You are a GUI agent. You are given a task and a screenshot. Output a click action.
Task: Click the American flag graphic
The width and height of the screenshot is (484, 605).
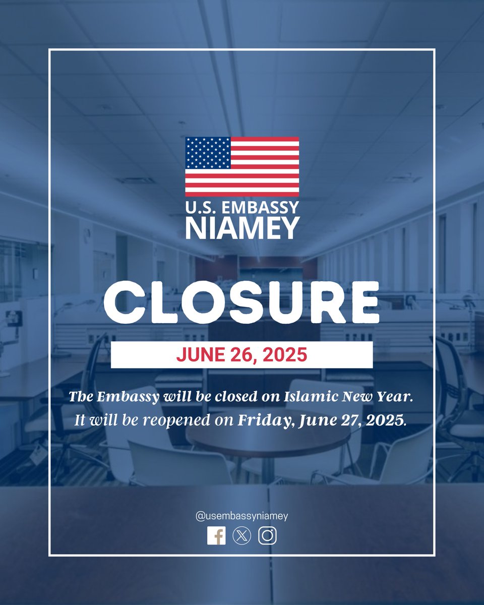(x=242, y=166)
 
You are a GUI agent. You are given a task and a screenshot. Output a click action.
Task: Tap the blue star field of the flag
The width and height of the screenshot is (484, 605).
(x=208, y=153)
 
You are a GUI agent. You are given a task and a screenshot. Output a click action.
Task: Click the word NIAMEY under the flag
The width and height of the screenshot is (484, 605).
(x=242, y=228)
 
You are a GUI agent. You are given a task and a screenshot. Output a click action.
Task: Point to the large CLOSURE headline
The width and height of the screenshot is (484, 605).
(x=242, y=302)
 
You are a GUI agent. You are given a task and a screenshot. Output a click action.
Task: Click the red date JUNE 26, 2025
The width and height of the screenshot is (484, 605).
(x=241, y=355)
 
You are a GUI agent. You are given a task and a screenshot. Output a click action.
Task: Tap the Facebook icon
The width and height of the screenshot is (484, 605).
(x=216, y=536)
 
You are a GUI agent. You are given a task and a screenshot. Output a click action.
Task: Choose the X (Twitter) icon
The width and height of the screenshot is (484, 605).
(x=242, y=536)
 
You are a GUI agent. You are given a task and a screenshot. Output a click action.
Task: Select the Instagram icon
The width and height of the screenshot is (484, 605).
(x=268, y=536)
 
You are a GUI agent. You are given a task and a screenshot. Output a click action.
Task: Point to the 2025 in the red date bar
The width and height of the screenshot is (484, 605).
(x=286, y=355)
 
